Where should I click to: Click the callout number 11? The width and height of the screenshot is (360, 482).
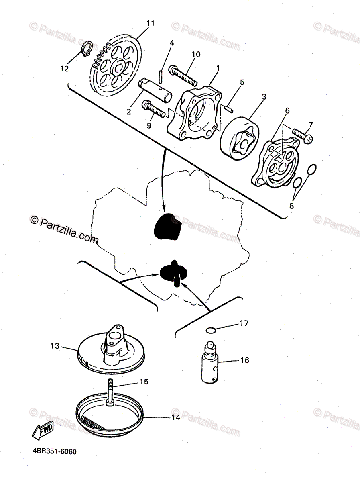point(150,23)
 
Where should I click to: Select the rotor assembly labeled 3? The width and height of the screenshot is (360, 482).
point(240,138)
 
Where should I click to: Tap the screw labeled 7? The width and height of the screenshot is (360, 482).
point(303,136)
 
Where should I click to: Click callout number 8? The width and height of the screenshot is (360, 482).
point(291,206)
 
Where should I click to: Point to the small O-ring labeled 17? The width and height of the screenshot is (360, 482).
point(211,330)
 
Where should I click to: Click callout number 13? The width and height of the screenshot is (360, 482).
point(55,346)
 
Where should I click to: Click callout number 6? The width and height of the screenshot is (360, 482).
point(287,110)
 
